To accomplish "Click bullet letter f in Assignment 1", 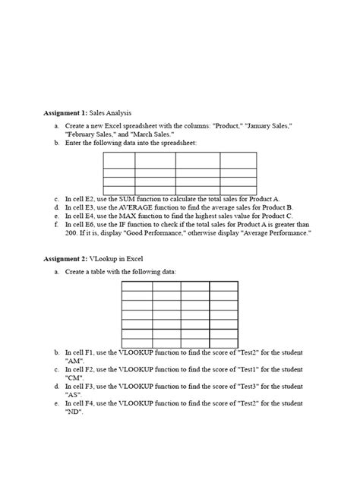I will [58, 225].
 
